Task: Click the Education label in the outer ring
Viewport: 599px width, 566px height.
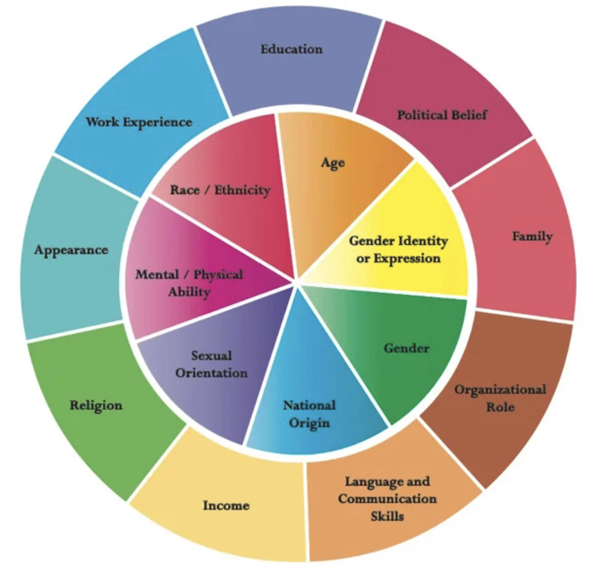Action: click(x=292, y=49)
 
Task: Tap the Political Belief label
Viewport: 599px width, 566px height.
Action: click(x=442, y=115)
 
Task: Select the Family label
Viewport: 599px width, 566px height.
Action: click(x=532, y=237)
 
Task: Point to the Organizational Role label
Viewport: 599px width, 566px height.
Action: click(x=500, y=398)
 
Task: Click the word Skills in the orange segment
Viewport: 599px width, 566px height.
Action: click(x=387, y=516)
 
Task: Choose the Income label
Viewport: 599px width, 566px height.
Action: click(x=226, y=506)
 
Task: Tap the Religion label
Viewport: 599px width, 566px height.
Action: click(x=96, y=406)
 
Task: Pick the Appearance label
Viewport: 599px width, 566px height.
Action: click(x=71, y=251)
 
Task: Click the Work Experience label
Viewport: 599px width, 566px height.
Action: click(x=139, y=122)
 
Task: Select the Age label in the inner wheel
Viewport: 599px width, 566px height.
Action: click(x=333, y=163)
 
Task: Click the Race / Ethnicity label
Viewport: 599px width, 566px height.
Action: click(x=220, y=191)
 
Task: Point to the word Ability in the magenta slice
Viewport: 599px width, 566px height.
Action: click(x=189, y=292)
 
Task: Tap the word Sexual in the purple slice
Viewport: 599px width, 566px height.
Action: click(x=211, y=356)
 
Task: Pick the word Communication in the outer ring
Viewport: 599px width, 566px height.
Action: click(x=387, y=499)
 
